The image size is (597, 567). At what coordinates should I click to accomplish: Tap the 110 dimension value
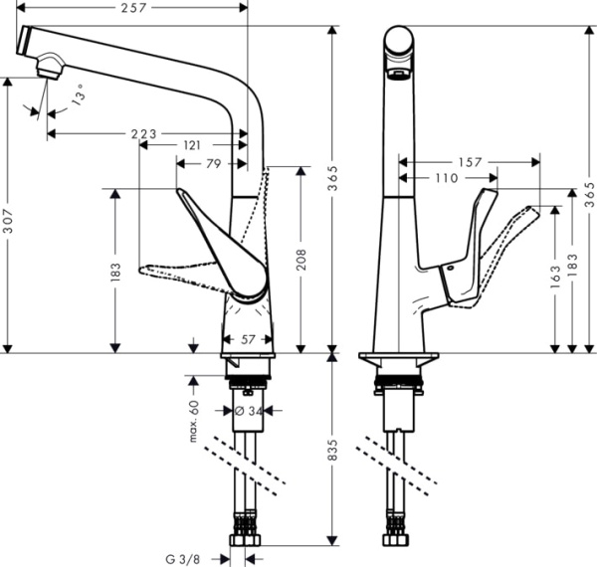tap(446, 178)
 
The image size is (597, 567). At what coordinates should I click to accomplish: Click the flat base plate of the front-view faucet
tap(398, 356)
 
